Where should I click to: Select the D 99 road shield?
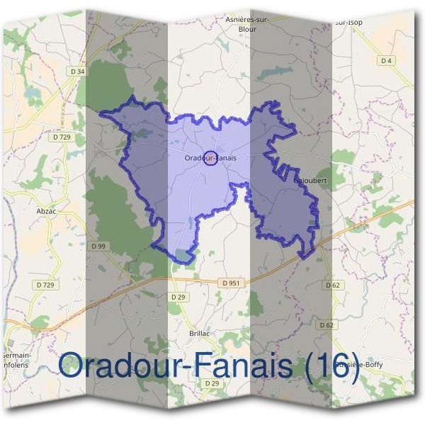98,246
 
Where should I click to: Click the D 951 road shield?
231,283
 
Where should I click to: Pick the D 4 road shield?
386,61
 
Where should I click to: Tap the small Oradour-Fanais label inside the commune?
210,157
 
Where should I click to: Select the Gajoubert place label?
310,180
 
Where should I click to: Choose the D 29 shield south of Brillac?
211,383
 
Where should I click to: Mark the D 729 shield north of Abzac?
64,136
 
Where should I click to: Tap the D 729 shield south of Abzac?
45,285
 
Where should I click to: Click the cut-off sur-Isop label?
348,23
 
